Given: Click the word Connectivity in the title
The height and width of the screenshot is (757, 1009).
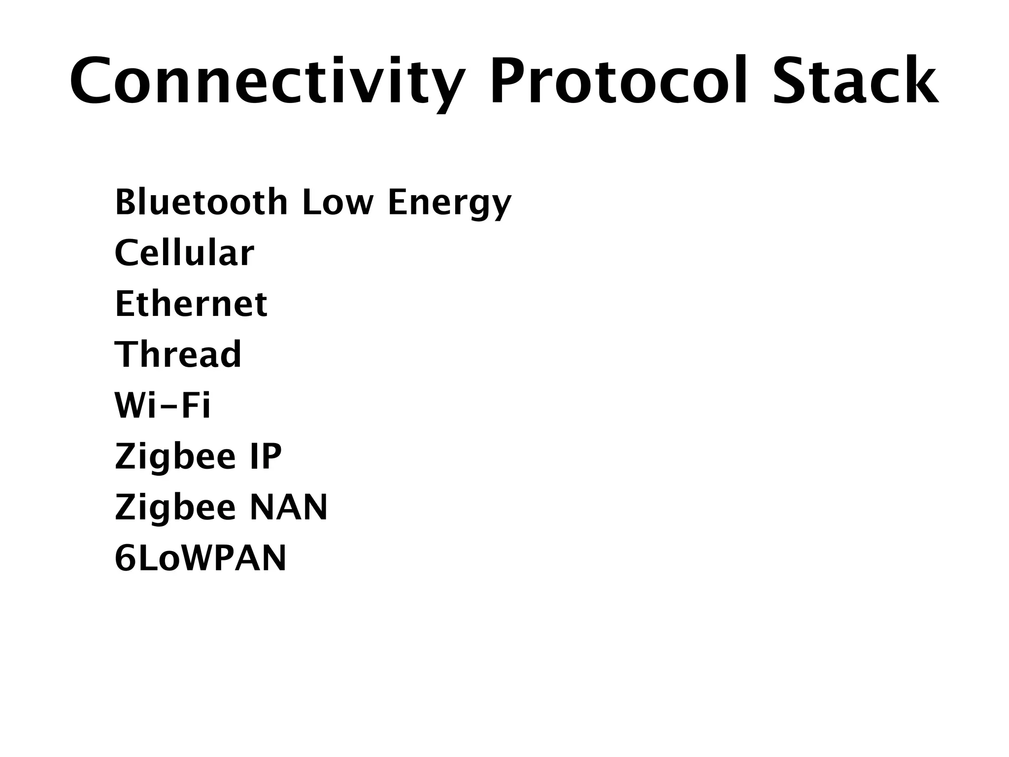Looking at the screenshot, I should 267,81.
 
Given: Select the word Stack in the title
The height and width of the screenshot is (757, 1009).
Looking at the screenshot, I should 855,81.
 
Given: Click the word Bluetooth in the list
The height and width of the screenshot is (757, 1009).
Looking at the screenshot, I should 201,202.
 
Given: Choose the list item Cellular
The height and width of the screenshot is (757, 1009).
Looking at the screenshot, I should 184,253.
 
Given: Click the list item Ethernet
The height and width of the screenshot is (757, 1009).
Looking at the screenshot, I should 191,304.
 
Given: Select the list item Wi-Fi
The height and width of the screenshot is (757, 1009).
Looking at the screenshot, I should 163,405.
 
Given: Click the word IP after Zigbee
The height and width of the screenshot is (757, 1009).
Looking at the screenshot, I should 266,456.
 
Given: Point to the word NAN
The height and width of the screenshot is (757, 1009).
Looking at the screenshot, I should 289,507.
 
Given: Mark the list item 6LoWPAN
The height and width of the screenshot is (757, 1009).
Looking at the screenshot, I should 201,558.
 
